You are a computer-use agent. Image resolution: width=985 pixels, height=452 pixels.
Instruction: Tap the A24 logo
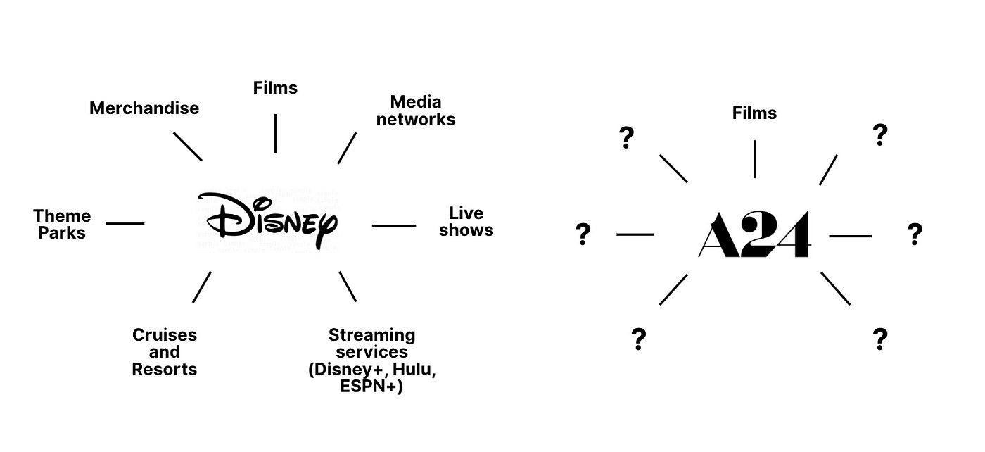tap(754, 234)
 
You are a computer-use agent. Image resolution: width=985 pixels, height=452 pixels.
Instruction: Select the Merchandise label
tap(144, 108)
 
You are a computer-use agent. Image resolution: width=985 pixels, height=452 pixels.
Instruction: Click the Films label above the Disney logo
tap(275, 88)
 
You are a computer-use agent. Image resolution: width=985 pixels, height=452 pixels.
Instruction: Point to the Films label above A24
tap(754, 113)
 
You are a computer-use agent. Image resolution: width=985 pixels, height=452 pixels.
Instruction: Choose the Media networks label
tap(416, 111)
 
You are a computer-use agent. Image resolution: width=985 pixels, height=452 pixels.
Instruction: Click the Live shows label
tap(466, 222)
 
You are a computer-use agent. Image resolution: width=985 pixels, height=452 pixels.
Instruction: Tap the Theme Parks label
tap(62, 225)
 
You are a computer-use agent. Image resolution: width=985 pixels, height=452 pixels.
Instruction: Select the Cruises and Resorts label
tap(165, 352)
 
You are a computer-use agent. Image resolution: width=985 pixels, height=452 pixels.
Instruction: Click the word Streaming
tap(371, 334)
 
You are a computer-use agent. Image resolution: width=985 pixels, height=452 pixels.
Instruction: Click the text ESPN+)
tap(371, 387)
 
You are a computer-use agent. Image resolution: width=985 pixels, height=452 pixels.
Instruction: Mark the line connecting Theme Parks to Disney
tap(125, 224)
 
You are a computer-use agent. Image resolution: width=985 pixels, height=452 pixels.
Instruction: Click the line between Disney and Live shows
tap(394, 225)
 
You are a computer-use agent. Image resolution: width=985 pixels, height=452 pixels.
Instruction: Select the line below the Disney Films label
tap(275, 133)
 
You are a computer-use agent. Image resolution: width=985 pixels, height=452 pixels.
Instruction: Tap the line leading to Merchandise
tap(188, 146)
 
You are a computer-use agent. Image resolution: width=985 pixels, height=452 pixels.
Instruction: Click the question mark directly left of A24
tap(583, 234)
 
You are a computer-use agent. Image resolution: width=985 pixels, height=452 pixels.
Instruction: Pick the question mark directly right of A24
tap(914, 234)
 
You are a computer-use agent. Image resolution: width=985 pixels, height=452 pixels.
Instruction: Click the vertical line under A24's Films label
tap(754, 159)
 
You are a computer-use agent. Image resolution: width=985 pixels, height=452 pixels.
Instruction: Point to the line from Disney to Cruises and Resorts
tap(202, 287)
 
